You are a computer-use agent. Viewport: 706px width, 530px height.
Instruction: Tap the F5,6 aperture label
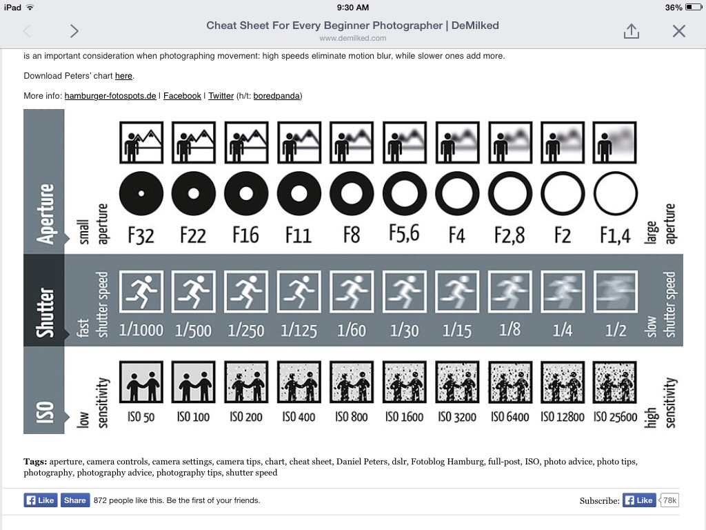404,233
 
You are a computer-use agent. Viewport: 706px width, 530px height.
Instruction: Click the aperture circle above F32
141,193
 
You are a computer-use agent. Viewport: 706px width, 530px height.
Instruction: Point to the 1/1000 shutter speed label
141,331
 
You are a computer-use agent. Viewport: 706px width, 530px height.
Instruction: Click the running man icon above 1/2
615,292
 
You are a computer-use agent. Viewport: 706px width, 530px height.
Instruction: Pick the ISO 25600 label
615,417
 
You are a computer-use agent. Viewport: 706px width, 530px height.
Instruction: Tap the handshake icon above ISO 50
141,382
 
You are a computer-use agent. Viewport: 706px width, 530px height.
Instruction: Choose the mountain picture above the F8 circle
352,142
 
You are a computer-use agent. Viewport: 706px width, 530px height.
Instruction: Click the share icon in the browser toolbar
632,30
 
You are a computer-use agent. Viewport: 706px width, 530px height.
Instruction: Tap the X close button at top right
678,31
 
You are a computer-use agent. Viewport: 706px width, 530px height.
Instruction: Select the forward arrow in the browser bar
74,30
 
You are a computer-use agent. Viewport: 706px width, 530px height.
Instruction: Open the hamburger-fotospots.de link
110,95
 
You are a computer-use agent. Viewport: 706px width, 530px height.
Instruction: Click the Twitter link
221,95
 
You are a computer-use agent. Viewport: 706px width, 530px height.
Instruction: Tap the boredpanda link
276,95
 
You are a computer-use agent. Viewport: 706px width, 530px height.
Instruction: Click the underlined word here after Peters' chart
123,76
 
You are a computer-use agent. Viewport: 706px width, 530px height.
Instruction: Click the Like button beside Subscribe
639,500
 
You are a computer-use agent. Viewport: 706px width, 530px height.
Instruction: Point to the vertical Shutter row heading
44,313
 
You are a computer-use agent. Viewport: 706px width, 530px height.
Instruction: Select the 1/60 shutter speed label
352,331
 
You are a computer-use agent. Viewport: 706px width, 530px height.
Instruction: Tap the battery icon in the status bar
694,7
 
